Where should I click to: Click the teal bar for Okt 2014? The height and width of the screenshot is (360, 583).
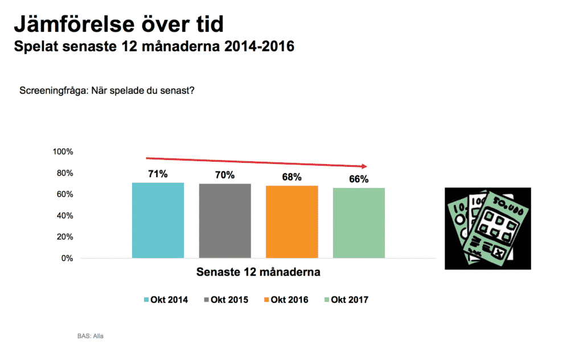click(x=158, y=220)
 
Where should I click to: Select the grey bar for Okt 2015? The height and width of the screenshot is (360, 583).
click(x=225, y=221)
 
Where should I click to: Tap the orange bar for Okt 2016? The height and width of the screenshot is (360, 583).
click(x=292, y=222)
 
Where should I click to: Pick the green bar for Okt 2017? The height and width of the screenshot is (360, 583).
click(x=359, y=223)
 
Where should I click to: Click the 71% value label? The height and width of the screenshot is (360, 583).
click(x=158, y=174)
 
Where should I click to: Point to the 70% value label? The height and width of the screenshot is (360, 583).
click(x=225, y=175)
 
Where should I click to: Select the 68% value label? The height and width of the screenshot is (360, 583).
click(x=292, y=177)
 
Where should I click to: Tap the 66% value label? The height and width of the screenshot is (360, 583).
click(x=359, y=179)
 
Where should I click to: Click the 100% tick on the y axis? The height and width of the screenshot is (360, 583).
click(x=63, y=152)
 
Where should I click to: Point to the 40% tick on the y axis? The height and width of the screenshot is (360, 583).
click(x=65, y=216)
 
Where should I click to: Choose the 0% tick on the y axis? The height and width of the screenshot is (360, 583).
click(x=67, y=259)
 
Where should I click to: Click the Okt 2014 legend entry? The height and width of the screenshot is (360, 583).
click(x=166, y=300)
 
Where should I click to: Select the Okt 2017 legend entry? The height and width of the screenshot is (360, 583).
click(x=346, y=300)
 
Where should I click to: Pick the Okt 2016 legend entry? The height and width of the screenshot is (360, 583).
click(x=286, y=300)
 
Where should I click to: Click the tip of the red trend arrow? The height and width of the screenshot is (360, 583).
click(x=367, y=166)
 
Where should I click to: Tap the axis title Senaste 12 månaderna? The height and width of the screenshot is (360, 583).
click(x=258, y=272)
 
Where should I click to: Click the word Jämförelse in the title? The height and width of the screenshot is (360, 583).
click(x=74, y=24)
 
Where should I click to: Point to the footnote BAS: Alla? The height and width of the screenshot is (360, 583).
click(x=91, y=336)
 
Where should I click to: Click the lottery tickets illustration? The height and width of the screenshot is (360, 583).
click(x=488, y=228)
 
